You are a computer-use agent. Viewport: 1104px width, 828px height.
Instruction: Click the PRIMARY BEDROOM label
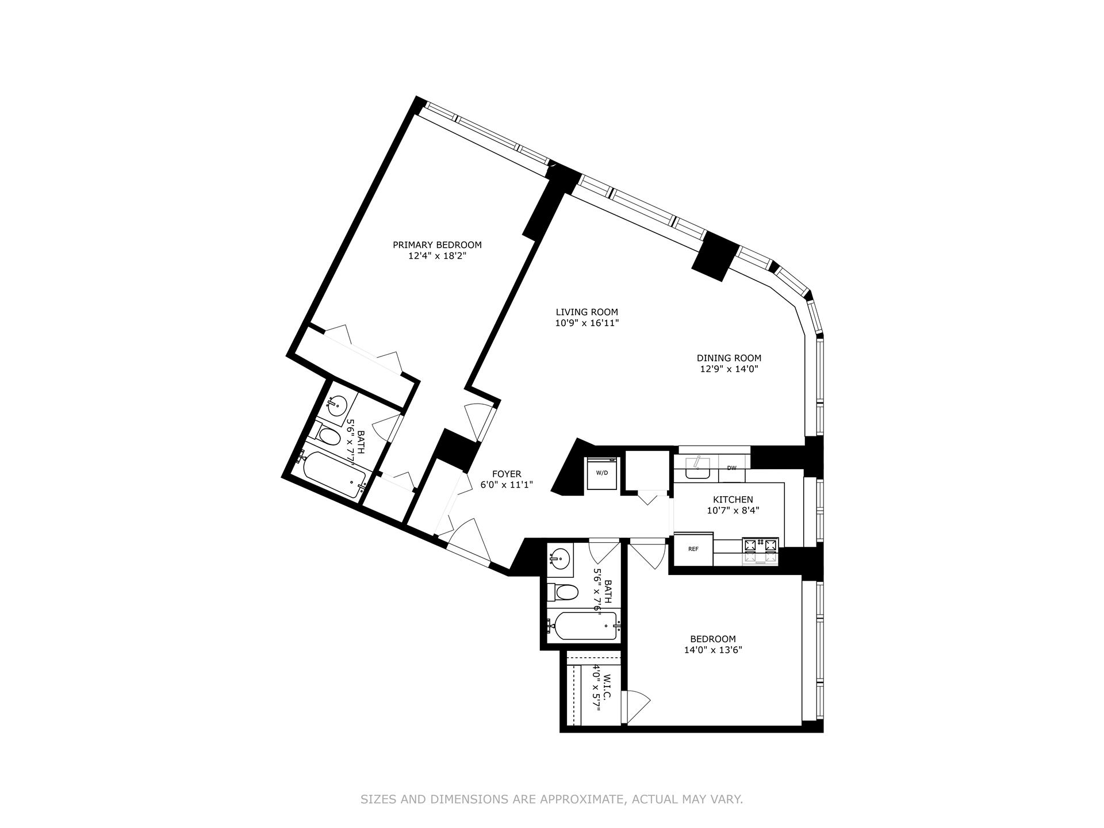tap(437, 245)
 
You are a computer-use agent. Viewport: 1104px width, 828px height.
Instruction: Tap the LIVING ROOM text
tap(586, 312)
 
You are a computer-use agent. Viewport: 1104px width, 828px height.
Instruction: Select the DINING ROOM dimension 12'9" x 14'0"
tap(729, 369)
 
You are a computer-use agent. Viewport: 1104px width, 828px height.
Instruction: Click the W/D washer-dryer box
tap(601, 473)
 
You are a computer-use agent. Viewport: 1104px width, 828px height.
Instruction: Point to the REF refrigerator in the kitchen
tap(693, 549)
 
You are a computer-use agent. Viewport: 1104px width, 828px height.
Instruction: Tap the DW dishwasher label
tap(731, 468)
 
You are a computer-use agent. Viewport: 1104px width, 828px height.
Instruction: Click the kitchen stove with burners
tap(760, 550)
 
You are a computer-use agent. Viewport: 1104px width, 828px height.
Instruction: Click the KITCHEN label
tap(733, 500)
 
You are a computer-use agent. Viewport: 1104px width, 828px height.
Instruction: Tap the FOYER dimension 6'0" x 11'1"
tap(507, 485)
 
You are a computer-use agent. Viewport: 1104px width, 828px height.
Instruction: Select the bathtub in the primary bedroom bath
tap(333, 476)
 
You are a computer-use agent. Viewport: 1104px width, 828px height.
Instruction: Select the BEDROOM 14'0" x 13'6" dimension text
tap(713, 650)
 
